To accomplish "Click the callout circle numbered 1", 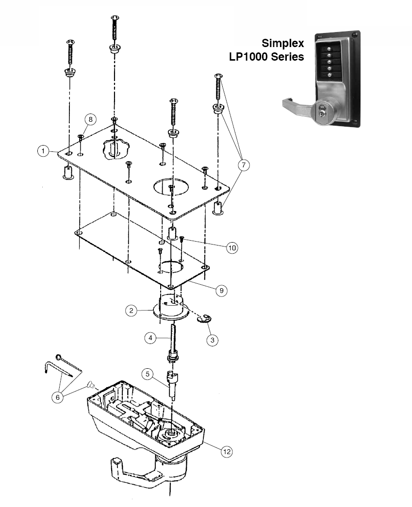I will (43, 151).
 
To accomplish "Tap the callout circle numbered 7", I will (243, 165).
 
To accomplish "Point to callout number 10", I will (232, 247).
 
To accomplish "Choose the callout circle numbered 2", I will (131, 311).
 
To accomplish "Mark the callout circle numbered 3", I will (212, 340).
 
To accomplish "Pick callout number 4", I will (151, 338).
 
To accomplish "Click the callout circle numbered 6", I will (59, 396).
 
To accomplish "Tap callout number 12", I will (226, 451).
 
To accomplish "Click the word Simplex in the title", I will (283, 43).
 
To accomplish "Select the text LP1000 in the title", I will (252, 57).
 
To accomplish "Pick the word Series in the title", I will (290, 57).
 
